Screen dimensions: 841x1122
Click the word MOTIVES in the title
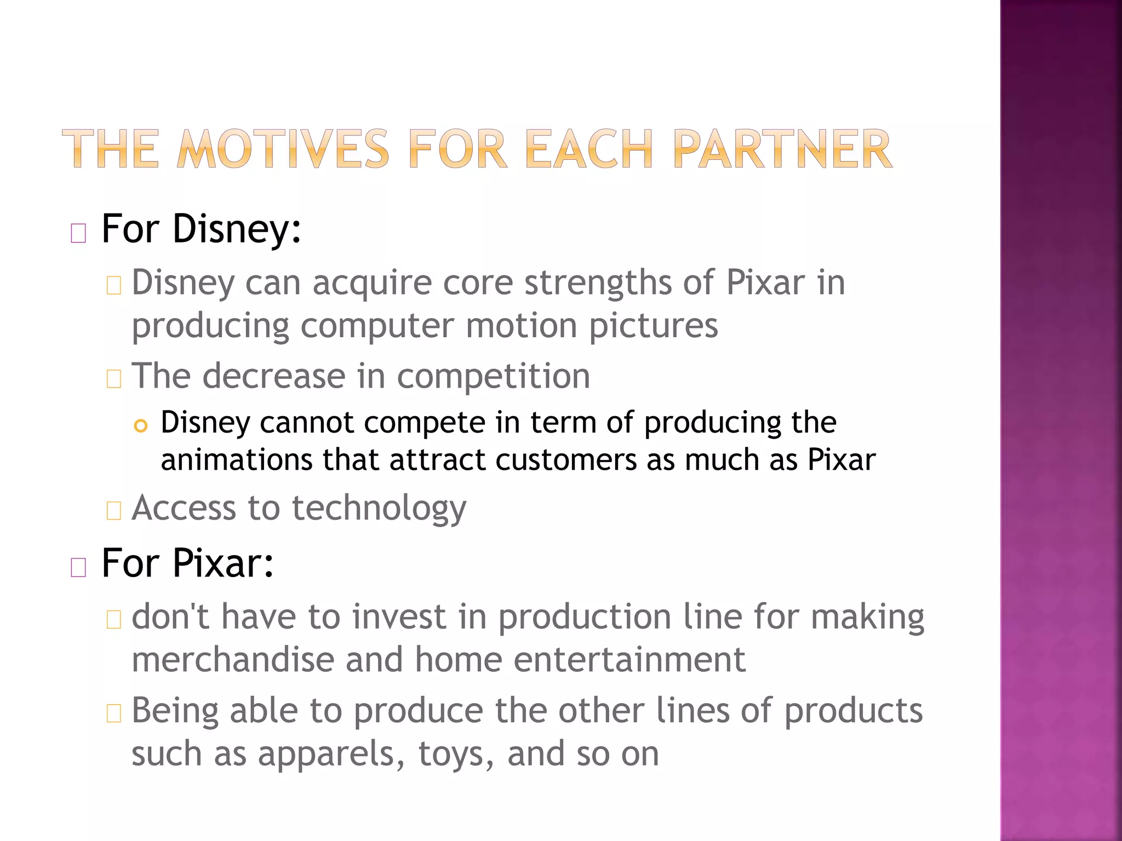(283, 149)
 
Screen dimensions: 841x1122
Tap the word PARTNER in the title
(782, 149)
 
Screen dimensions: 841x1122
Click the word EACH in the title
(589, 149)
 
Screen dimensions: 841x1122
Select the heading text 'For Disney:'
(201, 229)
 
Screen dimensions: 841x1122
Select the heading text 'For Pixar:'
(187, 563)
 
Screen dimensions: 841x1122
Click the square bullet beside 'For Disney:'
(78, 234)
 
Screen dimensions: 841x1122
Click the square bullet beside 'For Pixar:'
(78, 568)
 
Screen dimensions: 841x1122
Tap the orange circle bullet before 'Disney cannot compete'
(141, 426)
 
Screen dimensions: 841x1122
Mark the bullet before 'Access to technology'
(113, 511)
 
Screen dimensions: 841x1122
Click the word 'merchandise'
(233, 659)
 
